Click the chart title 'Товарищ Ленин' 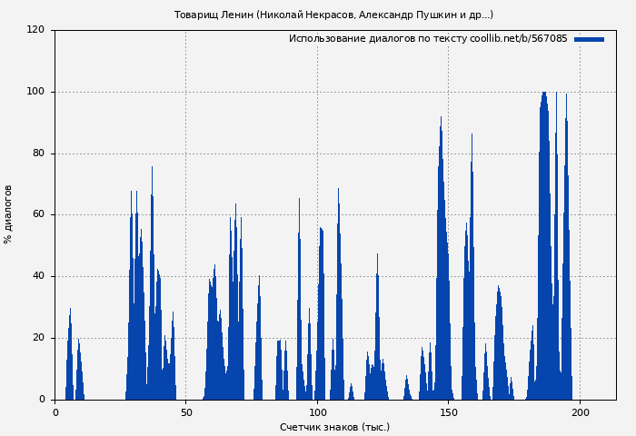click(x=214, y=15)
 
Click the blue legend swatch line click(x=589, y=39)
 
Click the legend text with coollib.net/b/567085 click(x=428, y=39)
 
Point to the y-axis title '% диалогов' click(x=8, y=214)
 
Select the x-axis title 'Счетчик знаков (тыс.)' click(x=334, y=427)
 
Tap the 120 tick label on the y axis click(x=35, y=30)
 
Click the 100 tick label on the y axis click(x=35, y=92)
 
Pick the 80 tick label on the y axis click(x=38, y=154)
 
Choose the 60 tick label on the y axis click(x=38, y=215)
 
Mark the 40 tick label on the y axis click(x=38, y=276)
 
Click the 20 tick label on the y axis click(x=38, y=338)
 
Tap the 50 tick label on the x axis click(x=186, y=412)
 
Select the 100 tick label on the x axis click(x=317, y=412)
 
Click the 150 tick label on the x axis click(x=448, y=412)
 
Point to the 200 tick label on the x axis click(x=579, y=412)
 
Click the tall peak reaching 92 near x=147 click(x=441, y=119)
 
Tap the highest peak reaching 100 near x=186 click(x=544, y=94)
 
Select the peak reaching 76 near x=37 click(x=152, y=169)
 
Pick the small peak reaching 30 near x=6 click(x=70, y=311)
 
